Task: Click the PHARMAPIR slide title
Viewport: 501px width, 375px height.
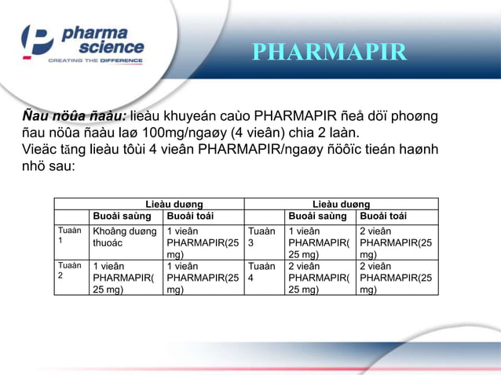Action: coord(329,53)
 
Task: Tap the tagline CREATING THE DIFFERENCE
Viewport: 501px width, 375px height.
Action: coord(96,60)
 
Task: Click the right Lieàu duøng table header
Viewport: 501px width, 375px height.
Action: coord(342,204)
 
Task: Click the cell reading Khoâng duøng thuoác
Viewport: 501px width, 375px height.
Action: coord(124,237)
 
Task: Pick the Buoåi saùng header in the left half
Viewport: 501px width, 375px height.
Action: coord(123,217)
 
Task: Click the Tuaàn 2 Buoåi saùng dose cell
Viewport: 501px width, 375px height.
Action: coord(123,278)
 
